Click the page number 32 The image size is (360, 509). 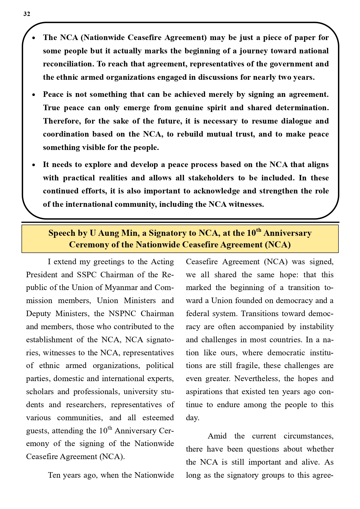pyautogui.click(x=27, y=14)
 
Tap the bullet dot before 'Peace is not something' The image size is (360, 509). pyautogui.click(x=34, y=95)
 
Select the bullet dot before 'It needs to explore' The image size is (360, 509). pyautogui.click(x=34, y=165)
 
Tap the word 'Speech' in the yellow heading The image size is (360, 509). pyautogui.click(x=62, y=233)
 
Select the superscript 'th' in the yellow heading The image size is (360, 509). pyautogui.click(x=258, y=231)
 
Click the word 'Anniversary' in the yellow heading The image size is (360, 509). pyautogui.click(x=287, y=233)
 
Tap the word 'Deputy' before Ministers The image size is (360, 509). pyautogui.click(x=39, y=314)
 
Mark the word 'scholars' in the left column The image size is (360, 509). pyautogui.click(x=40, y=392)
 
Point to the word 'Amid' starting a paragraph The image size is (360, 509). pyautogui.click(x=217, y=436)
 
